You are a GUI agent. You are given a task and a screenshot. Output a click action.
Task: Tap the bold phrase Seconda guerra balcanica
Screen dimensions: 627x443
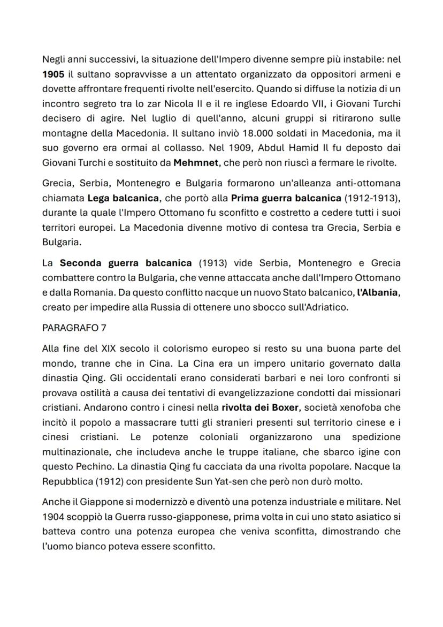pyautogui.click(x=126, y=263)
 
